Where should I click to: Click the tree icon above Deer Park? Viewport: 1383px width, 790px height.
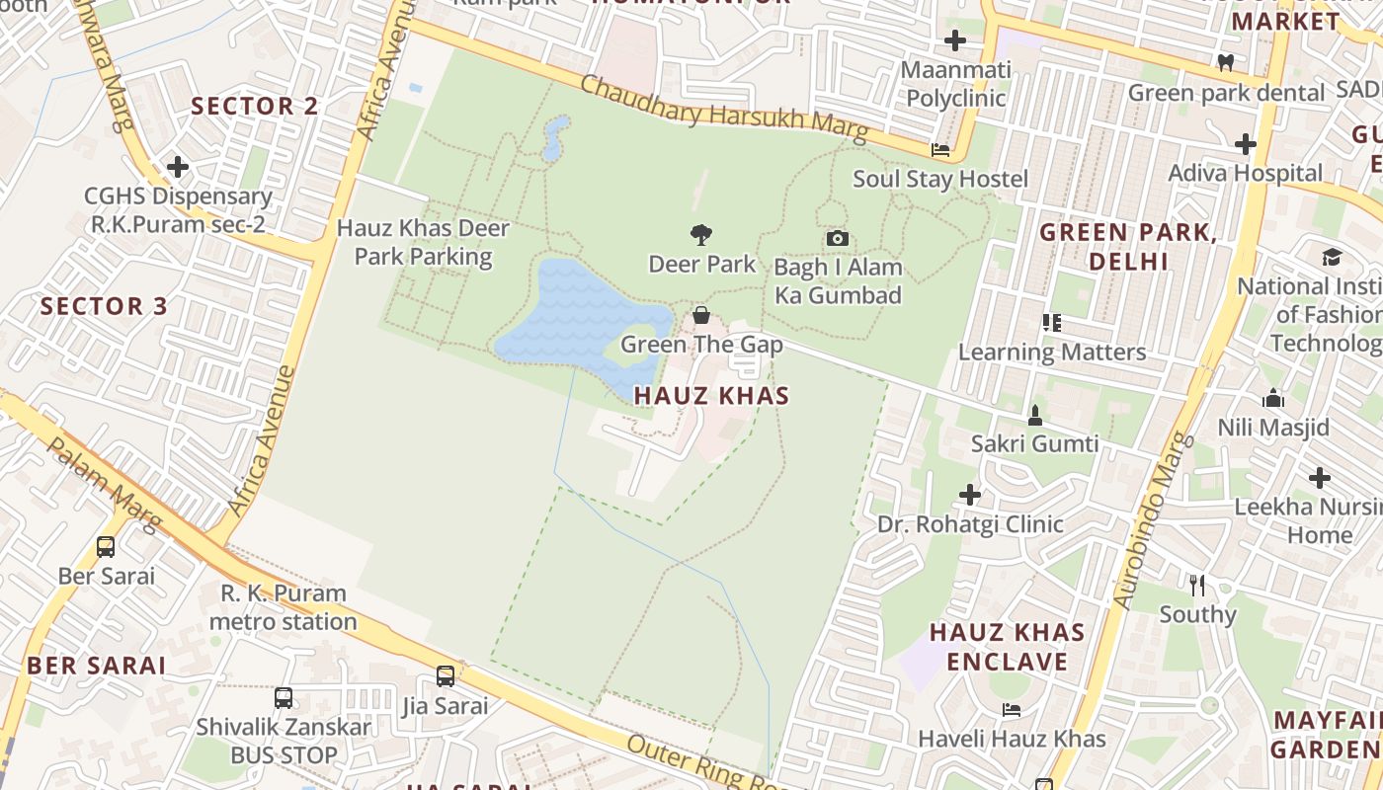pos(701,235)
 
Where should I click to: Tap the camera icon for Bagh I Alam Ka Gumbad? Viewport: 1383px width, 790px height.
pos(837,238)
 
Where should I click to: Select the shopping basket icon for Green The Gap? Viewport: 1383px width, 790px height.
pos(700,315)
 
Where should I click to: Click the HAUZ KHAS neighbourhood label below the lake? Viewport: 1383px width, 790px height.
pos(711,396)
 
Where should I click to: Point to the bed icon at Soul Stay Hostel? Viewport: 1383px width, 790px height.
pos(940,150)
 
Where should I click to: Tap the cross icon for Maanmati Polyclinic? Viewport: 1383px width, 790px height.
pos(954,40)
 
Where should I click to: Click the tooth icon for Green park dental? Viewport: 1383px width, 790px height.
pos(1226,62)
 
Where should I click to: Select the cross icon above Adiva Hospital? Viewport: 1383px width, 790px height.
pos(1245,144)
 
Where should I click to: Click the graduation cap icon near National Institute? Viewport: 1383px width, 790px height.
pos(1332,257)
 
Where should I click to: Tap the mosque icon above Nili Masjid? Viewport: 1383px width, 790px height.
pos(1273,399)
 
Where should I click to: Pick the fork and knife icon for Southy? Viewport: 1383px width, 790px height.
pos(1197,585)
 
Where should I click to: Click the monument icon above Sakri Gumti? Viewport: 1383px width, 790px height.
pos(1034,415)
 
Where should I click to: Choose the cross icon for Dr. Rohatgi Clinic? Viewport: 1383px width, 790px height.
pos(970,494)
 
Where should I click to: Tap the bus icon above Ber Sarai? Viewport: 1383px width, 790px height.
pos(106,546)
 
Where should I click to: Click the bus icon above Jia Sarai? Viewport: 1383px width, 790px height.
pos(446,676)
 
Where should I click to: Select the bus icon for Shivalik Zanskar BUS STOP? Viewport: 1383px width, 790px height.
pos(284,698)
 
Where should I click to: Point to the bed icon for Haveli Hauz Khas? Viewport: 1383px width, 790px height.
pos(1012,709)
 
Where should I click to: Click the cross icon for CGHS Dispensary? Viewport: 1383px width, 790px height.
pos(178,167)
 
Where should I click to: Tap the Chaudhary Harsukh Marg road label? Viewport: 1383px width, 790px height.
pos(723,109)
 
